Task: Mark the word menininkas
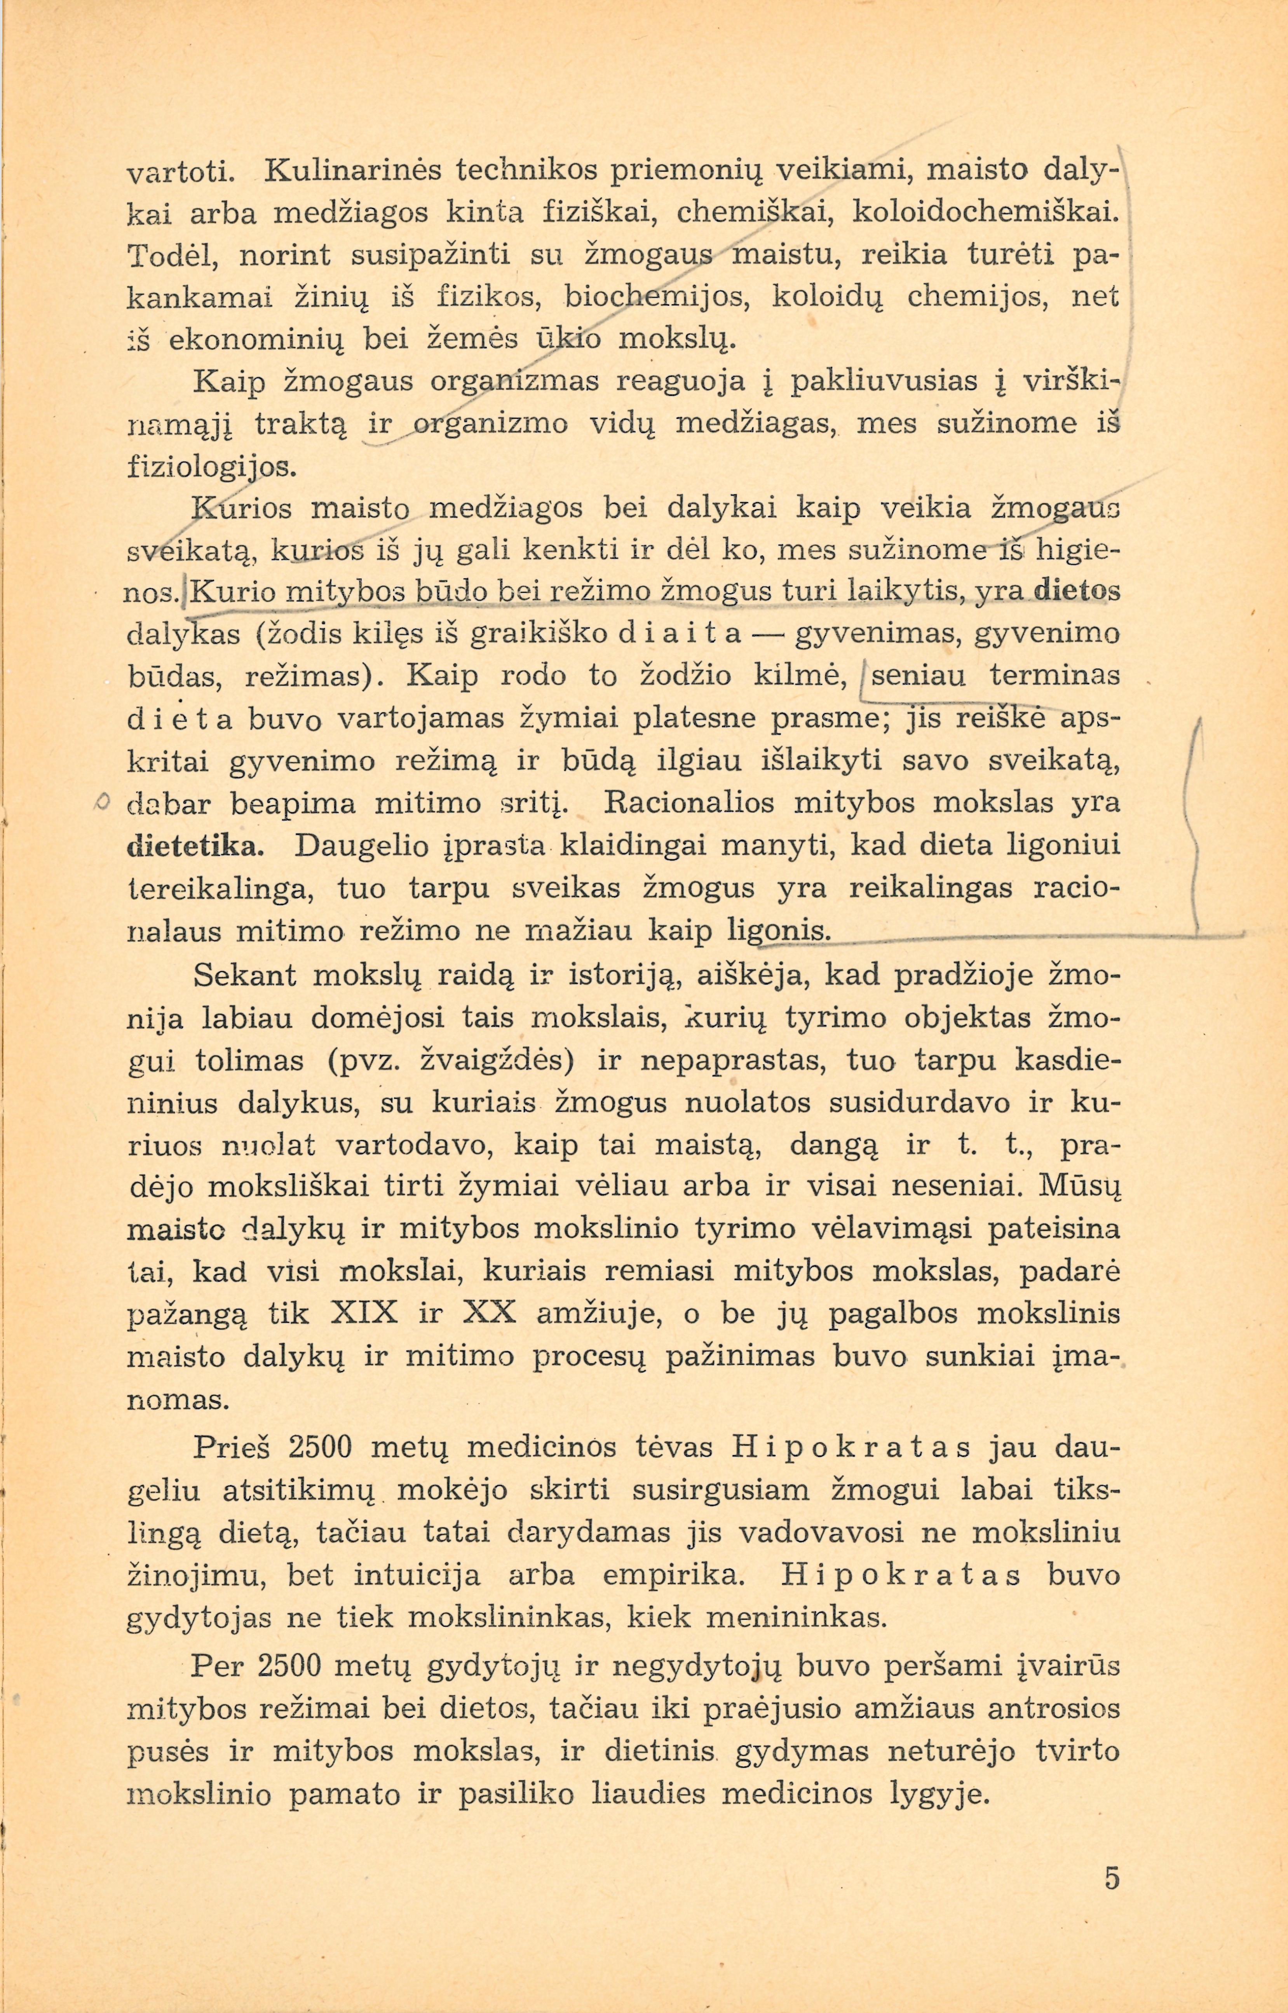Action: (x=796, y=1618)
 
